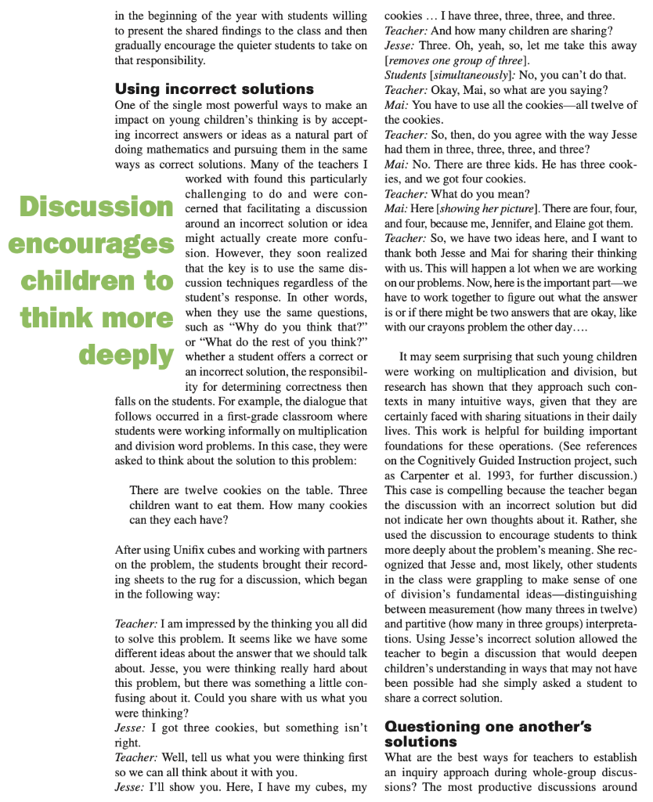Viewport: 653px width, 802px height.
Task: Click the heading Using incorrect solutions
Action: point(214,89)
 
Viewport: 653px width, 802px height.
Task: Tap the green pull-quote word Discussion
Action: point(96,206)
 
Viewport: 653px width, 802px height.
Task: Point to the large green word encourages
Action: point(91,244)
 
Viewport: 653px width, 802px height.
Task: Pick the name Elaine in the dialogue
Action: point(582,223)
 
